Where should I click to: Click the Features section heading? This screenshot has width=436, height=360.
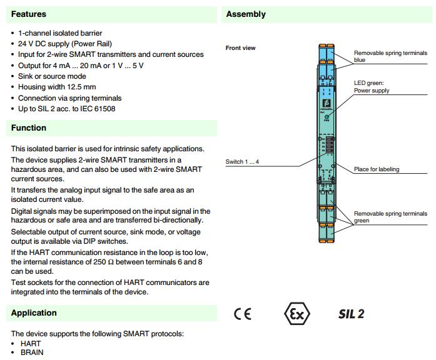pos(29,14)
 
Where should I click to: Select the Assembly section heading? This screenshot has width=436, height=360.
pos(246,14)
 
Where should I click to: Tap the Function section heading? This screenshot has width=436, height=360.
pos(29,127)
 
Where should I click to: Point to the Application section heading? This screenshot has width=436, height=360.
pos(34,312)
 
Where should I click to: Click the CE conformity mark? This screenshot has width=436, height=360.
pos(243,314)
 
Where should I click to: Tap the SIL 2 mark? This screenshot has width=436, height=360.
pos(352,314)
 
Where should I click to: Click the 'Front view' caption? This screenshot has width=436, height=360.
pos(240,48)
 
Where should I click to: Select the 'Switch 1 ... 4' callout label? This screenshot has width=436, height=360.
pos(242,162)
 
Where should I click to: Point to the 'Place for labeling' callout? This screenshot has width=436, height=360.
pos(377,169)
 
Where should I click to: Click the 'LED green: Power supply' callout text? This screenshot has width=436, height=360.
pos(372,87)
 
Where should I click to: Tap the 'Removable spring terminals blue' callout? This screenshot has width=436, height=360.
pos(390,57)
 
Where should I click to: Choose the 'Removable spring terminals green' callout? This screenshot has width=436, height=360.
pos(390,217)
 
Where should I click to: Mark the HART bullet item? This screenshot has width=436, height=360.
pos(31,344)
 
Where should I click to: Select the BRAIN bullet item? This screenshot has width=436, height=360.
pos(32,352)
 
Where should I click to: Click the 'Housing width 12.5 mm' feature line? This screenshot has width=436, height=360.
pos(57,87)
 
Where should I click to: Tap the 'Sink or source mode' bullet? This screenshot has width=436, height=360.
pos(53,76)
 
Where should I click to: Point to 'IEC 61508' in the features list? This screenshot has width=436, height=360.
pos(94,109)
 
